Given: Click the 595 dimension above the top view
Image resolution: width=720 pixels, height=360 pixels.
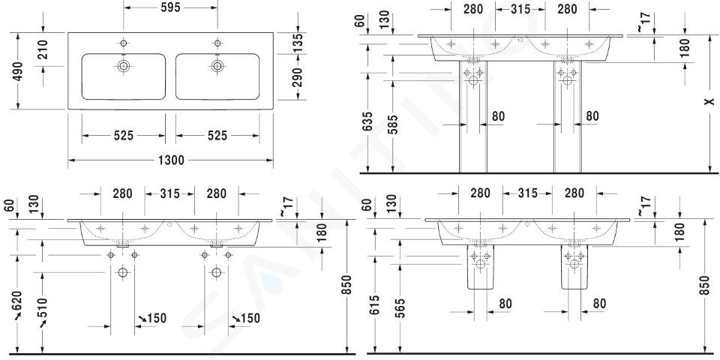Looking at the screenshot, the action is coord(170,7).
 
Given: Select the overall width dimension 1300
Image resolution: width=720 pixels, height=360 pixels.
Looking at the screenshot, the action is coord(170,160).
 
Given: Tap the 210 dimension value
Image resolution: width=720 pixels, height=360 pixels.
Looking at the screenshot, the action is coord(44,49).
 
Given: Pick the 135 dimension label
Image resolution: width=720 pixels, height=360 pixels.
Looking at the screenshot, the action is coord(298,43).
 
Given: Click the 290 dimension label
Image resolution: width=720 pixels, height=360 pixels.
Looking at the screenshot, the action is coord(298,76).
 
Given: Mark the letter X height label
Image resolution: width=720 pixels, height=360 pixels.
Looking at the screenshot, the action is coord(710,101).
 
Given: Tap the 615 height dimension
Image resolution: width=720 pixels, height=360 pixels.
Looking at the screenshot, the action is coord(374,306).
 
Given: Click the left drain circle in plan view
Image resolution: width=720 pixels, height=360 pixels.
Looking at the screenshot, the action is coord(123,66).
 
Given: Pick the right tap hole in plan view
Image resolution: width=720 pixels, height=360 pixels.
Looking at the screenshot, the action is coord(217,43).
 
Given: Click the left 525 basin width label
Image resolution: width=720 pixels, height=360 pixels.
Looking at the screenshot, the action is coord(124,136).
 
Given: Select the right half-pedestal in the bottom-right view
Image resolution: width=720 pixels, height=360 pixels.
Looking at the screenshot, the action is coord(574,266).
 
